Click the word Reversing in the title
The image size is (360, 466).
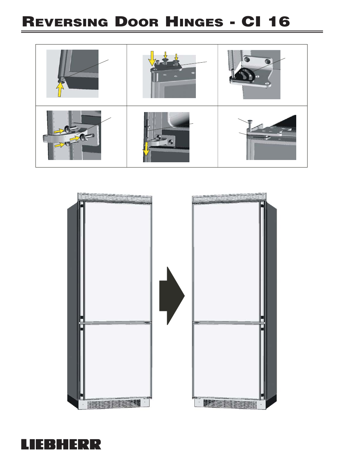(x=65, y=22)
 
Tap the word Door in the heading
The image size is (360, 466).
(x=137, y=22)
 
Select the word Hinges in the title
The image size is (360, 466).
(x=194, y=22)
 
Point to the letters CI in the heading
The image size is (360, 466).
(x=251, y=22)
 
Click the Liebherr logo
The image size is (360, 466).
(x=61, y=444)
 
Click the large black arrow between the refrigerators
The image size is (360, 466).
(x=172, y=296)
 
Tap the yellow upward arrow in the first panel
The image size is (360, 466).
(x=60, y=89)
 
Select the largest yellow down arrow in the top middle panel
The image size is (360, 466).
(x=152, y=58)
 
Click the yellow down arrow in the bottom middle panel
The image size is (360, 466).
(x=146, y=149)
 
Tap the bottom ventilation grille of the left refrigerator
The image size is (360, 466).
(x=114, y=404)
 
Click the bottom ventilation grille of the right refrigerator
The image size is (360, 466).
(x=230, y=404)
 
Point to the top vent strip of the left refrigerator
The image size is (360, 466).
(x=115, y=197)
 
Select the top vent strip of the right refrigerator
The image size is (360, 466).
(x=229, y=197)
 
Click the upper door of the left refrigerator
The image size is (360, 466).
(x=117, y=262)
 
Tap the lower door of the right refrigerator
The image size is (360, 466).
(x=226, y=361)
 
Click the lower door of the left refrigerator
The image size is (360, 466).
(x=117, y=361)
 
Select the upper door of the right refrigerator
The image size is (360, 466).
(x=226, y=262)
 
